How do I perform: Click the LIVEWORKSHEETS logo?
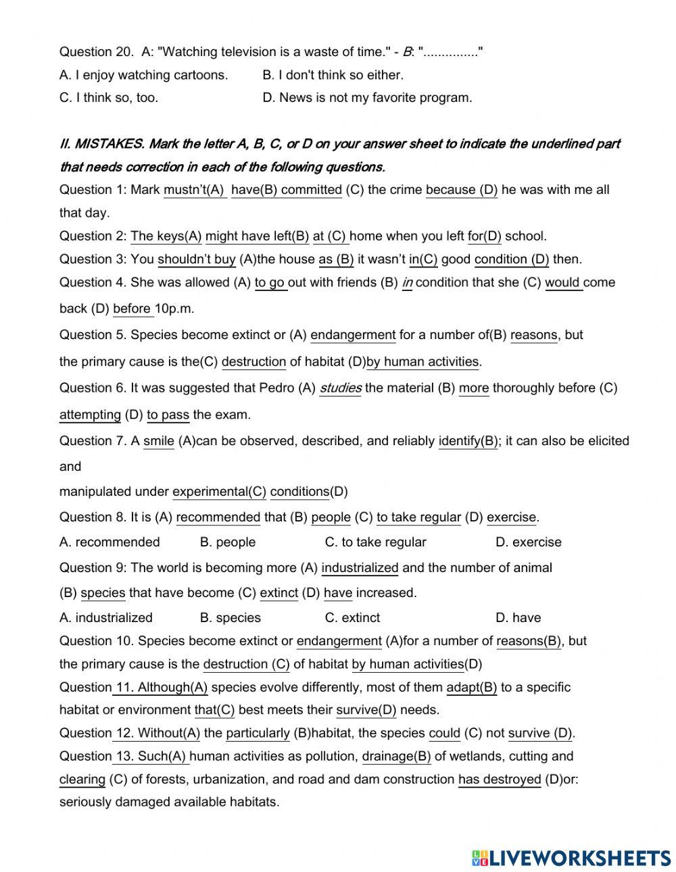pyautogui.click(x=571, y=858)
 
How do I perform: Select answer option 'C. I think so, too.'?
pyautogui.click(x=109, y=98)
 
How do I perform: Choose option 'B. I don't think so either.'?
pyautogui.click(x=333, y=75)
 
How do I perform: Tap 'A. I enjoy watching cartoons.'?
pyautogui.click(x=143, y=75)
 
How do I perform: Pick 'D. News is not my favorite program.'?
pyautogui.click(x=367, y=98)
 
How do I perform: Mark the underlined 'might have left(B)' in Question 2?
pyautogui.click(x=257, y=236)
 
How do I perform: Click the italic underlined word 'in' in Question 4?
pyautogui.click(x=407, y=283)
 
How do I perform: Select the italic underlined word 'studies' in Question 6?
pyautogui.click(x=340, y=388)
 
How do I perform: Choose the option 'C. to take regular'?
pyautogui.click(x=375, y=542)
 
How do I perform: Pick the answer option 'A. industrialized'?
pyautogui.click(x=106, y=618)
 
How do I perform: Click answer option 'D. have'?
pyautogui.click(x=518, y=618)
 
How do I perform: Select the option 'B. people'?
pyautogui.click(x=228, y=542)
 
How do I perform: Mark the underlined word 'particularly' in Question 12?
pyautogui.click(x=258, y=734)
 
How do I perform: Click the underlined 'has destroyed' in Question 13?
pyautogui.click(x=500, y=779)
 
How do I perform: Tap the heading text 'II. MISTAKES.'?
pyautogui.click(x=101, y=144)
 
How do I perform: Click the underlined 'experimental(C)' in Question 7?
pyautogui.click(x=219, y=492)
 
